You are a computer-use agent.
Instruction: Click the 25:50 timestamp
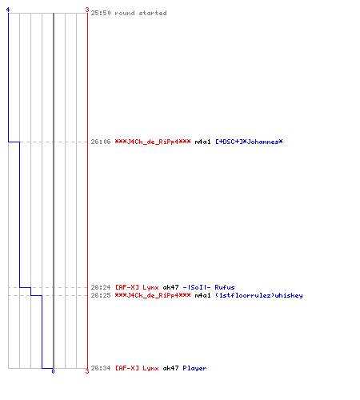[x=101, y=13]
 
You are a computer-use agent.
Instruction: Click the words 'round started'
[x=141, y=13]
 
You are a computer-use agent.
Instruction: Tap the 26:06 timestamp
[x=101, y=142]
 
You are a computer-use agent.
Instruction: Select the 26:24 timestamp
[x=101, y=287]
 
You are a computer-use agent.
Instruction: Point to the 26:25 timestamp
[x=101, y=295]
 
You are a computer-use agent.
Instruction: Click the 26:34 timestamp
[x=101, y=368]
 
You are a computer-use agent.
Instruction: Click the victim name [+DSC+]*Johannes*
[x=249, y=142]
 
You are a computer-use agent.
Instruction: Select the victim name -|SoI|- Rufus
[x=209, y=287]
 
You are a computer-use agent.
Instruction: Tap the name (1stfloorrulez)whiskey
[x=259, y=295]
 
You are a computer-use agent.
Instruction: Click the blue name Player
[x=194, y=368]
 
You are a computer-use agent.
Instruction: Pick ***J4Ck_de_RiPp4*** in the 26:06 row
[x=153, y=142]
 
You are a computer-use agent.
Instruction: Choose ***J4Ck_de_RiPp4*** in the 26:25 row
[x=153, y=295]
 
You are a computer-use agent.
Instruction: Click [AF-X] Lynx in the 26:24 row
[x=137, y=287]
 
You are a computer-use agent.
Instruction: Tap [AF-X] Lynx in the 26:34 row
[x=137, y=368]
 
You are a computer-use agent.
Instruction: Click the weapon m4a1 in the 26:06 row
[x=202, y=142]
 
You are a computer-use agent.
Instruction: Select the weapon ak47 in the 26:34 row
[x=170, y=368]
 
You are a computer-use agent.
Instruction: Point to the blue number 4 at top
[x=8, y=10]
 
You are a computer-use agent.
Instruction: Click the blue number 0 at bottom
[x=53, y=371]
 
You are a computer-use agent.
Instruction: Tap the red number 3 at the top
[x=87, y=10]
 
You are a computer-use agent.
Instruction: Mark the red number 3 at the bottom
[x=87, y=371]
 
